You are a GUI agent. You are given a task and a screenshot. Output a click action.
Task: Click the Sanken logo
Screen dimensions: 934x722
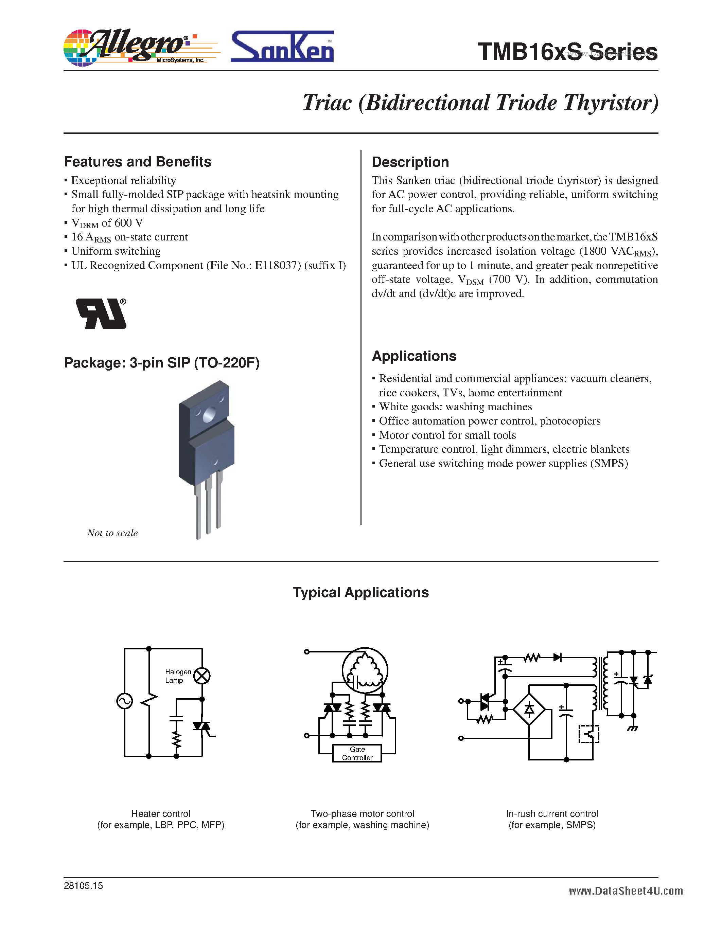pyautogui.click(x=282, y=47)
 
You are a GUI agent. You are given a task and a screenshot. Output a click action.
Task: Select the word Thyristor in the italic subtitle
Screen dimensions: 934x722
pyautogui.click(x=611, y=103)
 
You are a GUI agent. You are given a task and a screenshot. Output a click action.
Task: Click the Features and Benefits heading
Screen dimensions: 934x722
pyautogui.click(x=137, y=162)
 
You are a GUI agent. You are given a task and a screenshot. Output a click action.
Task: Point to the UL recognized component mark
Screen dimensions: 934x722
pyautogui.click(x=101, y=313)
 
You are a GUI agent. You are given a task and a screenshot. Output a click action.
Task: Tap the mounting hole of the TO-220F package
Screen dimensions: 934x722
pyautogui.click(x=209, y=414)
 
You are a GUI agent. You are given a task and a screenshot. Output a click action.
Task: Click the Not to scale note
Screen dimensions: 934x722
pyautogui.click(x=112, y=533)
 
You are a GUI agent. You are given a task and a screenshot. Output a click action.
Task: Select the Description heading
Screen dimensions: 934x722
pyautogui.click(x=410, y=162)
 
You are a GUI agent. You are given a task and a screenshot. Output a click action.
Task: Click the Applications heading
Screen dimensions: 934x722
pyautogui.click(x=413, y=356)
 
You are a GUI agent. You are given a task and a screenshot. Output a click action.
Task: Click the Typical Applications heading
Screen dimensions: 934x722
pyautogui.click(x=360, y=592)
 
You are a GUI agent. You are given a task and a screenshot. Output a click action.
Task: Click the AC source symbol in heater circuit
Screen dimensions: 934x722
pyautogui.click(x=124, y=701)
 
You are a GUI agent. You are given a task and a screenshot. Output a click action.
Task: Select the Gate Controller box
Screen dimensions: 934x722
pyautogui.click(x=357, y=753)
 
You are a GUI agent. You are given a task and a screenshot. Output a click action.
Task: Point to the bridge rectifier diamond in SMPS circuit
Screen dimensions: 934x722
pyautogui.click(x=529, y=710)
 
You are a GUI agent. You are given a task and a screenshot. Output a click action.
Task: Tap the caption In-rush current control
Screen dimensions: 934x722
pyautogui.click(x=552, y=814)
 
